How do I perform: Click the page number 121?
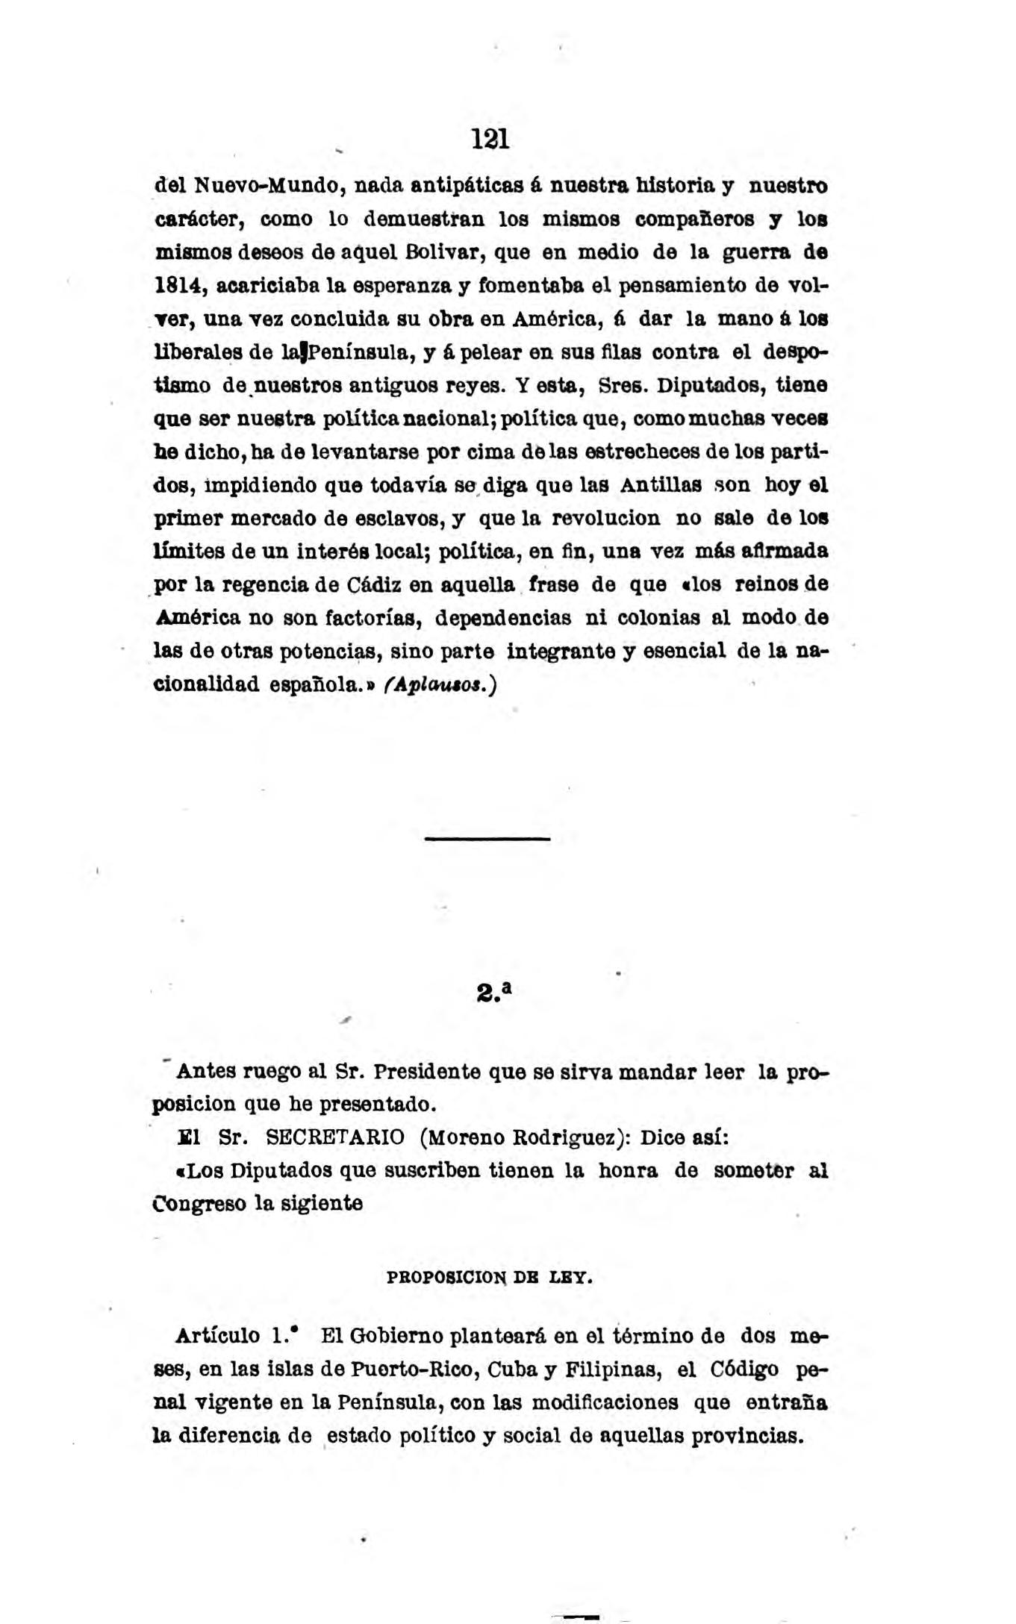click(x=490, y=140)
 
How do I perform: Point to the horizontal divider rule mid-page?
click(x=487, y=840)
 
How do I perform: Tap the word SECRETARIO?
click(x=335, y=1138)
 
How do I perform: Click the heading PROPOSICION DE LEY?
click(x=490, y=1277)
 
